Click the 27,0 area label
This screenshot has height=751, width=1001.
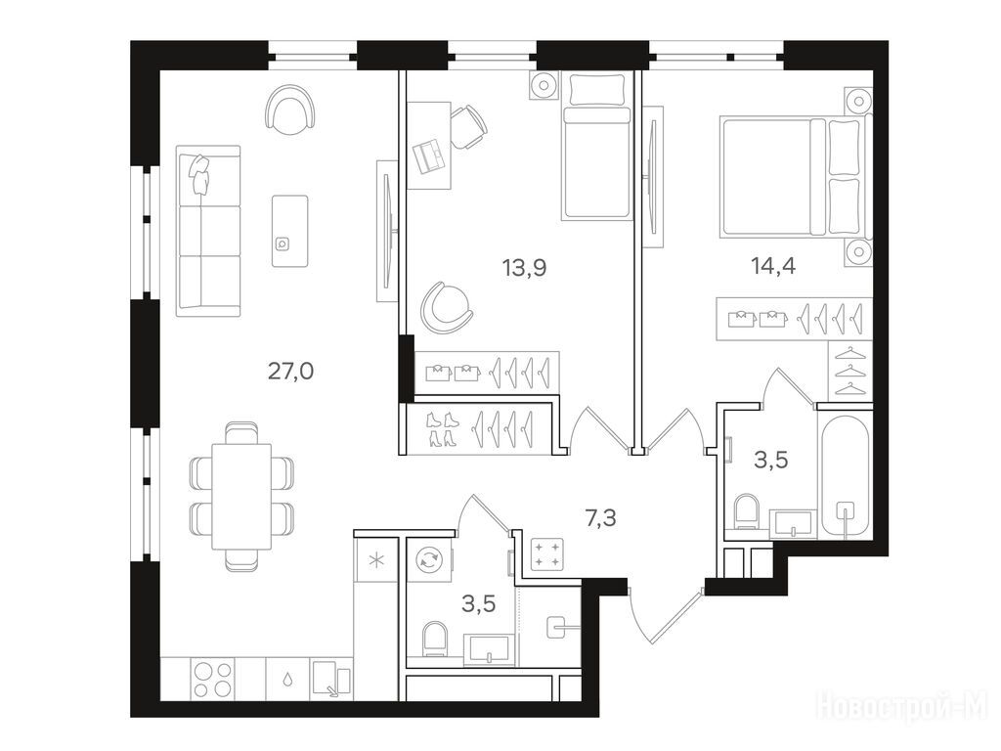click(x=290, y=371)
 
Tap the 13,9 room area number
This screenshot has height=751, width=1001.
click(x=524, y=268)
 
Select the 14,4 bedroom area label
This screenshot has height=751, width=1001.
click(x=773, y=265)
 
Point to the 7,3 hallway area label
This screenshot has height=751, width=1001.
click(x=601, y=518)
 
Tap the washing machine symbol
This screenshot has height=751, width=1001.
click(x=429, y=560)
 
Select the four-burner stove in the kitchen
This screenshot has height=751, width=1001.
click(x=212, y=679)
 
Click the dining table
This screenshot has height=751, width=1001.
click(x=241, y=498)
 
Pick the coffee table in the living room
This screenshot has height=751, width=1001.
click(x=289, y=231)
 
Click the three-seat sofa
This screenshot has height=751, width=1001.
click(x=208, y=231)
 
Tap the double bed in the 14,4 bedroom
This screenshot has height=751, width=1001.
click(x=795, y=176)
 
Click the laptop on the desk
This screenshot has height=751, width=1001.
click(x=430, y=155)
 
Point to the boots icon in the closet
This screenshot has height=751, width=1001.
click(x=440, y=428)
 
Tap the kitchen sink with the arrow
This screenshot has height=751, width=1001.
click(x=331, y=680)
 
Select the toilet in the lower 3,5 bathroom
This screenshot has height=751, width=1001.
click(x=434, y=639)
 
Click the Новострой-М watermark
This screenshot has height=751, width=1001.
click(x=901, y=706)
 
